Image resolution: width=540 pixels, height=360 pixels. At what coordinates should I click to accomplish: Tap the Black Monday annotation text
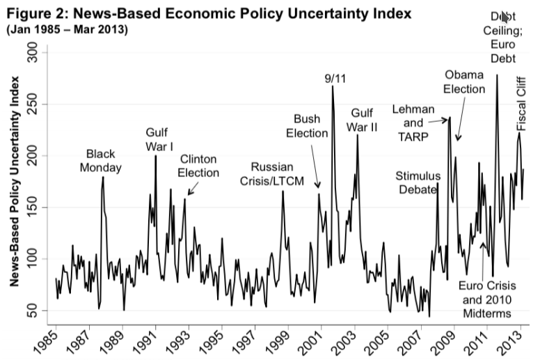click(x=100, y=160)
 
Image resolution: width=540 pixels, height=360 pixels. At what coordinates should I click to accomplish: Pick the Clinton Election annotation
click(x=199, y=166)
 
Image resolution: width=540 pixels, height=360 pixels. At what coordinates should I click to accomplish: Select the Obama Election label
click(x=463, y=81)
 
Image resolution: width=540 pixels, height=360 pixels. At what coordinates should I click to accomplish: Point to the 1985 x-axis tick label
click(x=54, y=341)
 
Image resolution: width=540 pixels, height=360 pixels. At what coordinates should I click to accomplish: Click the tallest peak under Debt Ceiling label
click(x=497, y=75)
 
